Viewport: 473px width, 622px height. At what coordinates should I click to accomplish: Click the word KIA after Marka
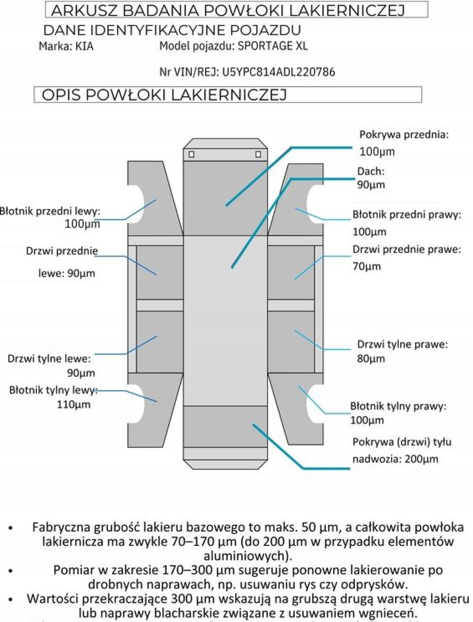click(x=84, y=46)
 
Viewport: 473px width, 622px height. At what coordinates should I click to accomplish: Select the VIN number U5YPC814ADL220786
click(x=278, y=72)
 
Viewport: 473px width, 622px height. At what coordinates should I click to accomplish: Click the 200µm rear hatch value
click(x=421, y=459)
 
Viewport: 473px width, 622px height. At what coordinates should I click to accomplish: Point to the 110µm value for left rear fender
click(x=74, y=405)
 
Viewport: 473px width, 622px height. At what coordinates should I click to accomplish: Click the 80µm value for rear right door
click(x=371, y=359)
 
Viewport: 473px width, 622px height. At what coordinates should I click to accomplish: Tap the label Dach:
click(x=371, y=171)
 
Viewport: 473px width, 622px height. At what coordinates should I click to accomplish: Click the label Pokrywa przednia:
click(x=404, y=135)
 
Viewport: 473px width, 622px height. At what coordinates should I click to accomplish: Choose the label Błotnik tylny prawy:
click(x=398, y=406)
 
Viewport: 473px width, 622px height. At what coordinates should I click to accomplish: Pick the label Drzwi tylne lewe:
click(x=49, y=359)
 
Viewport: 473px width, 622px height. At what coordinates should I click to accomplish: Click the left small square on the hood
click(x=191, y=154)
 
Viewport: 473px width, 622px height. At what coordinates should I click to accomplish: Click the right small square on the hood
click(x=258, y=154)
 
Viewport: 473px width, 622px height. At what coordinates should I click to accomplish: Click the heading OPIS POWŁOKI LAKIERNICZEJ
click(x=164, y=95)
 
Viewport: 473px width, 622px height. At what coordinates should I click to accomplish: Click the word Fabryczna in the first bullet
click(x=61, y=527)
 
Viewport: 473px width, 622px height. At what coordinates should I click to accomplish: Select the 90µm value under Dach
click(x=371, y=185)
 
